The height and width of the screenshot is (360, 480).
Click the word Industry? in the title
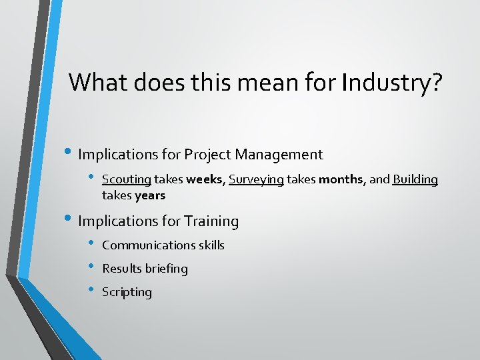click(x=391, y=83)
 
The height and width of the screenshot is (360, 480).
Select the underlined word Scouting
click(x=127, y=180)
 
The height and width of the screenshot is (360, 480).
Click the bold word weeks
click(x=205, y=180)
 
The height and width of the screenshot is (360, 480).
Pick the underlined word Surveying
click(x=256, y=180)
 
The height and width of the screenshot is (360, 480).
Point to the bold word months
click(x=340, y=180)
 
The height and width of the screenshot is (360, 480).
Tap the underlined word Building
click(x=415, y=180)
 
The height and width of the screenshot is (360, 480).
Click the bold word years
click(x=150, y=196)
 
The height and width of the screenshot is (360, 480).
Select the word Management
click(x=281, y=155)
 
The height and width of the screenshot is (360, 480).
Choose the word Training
click(x=211, y=221)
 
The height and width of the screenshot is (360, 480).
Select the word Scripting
click(x=127, y=292)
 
